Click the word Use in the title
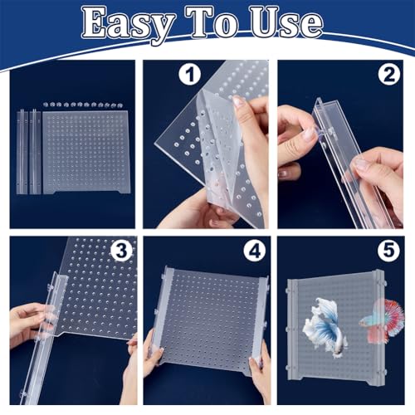286,22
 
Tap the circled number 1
190,75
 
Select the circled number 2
389,75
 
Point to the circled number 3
122,251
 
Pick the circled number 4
255,251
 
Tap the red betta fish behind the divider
382,321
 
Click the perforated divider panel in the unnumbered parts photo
85,152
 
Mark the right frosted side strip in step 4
260,324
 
